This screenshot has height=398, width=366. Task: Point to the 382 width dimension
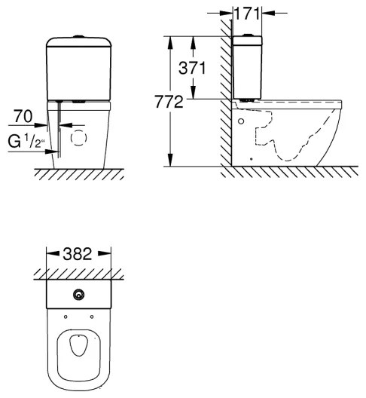[x=78, y=254]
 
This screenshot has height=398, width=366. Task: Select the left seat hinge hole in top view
[x=66, y=316]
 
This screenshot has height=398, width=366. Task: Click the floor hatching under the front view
[x=78, y=173]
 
